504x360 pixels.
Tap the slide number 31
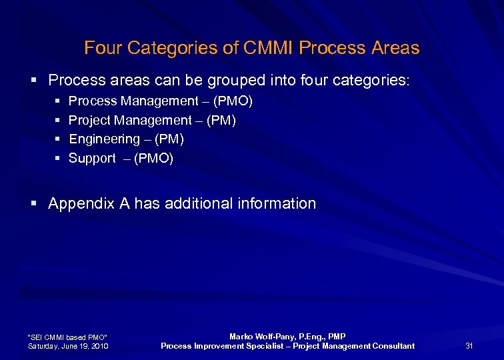pos(469,345)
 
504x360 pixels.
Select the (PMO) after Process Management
pos(233,101)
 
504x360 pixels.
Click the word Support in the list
pos(92,159)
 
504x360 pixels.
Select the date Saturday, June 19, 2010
pos(67,346)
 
